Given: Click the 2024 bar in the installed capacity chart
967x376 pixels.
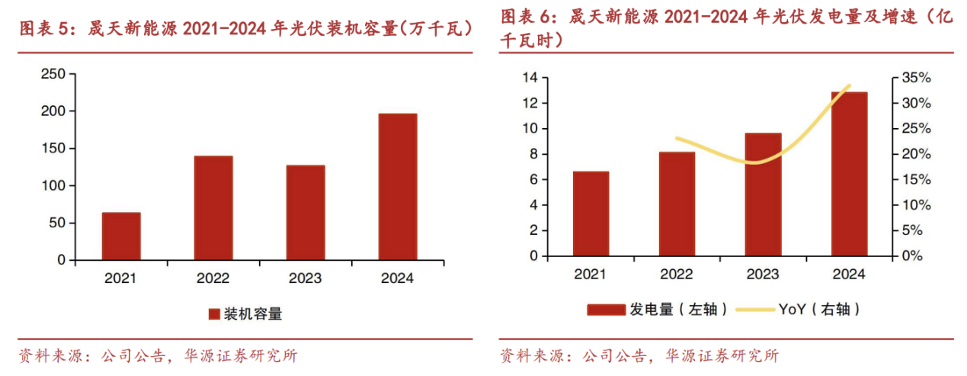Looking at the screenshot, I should pyautogui.click(x=398, y=187).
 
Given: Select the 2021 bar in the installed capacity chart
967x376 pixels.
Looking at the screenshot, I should pyautogui.click(x=121, y=236).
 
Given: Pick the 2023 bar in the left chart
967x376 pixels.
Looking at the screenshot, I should pyautogui.click(x=306, y=213).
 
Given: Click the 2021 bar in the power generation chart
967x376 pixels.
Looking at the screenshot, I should pyautogui.click(x=591, y=214).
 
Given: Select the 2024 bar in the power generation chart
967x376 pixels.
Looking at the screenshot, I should pyautogui.click(x=849, y=174).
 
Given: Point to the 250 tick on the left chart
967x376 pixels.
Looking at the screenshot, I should pyautogui.click(x=52, y=74).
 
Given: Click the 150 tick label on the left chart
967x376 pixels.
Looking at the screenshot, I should pyautogui.click(x=52, y=149).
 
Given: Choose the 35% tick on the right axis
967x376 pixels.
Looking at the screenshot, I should pyautogui.click(x=915, y=78).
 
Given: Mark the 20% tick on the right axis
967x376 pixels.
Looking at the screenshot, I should pyautogui.click(x=915, y=154).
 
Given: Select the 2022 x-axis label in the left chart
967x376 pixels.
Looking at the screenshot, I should pyautogui.click(x=213, y=279).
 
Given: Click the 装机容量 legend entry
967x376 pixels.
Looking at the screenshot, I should pyautogui.click(x=245, y=313).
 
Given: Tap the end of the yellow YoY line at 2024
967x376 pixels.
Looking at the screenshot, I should pyautogui.click(x=849, y=85).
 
